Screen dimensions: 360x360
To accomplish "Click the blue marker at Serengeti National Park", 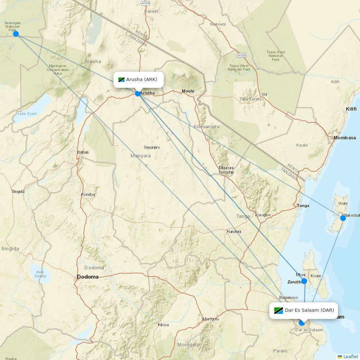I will [x=16, y=34].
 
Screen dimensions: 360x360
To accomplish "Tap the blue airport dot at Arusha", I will [x=138, y=94].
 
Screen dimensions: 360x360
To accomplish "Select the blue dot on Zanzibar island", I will [x=304, y=281].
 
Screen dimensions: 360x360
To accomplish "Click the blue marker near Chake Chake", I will [x=343, y=218].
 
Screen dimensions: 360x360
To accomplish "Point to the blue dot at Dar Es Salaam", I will [x=302, y=323].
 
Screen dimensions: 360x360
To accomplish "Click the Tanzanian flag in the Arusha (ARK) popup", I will [x=121, y=80].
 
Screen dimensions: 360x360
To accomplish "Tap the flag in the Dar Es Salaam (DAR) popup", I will [x=278, y=310].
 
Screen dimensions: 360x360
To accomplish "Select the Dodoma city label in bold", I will [x=88, y=277].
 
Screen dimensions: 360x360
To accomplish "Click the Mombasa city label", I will [x=345, y=138].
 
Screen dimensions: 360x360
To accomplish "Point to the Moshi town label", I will [x=188, y=91].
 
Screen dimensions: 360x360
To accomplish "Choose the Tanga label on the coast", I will [x=303, y=206].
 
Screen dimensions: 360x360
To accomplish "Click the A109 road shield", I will [x=242, y=55].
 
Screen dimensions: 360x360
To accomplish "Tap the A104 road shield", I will [x=146, y=3].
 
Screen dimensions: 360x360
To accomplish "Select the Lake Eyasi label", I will [x=27, y=113].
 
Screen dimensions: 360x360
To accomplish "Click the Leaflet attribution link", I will [x=350, y=356].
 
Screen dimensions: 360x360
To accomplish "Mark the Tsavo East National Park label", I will [x=275, y=56].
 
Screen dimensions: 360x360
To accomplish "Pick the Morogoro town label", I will [x=211, y=319].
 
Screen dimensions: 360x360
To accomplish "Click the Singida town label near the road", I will [x=18, y=192].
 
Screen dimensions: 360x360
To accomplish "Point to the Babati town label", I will [x=83, y=152].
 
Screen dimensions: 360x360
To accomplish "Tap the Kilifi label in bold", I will [x=351, y=109].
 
